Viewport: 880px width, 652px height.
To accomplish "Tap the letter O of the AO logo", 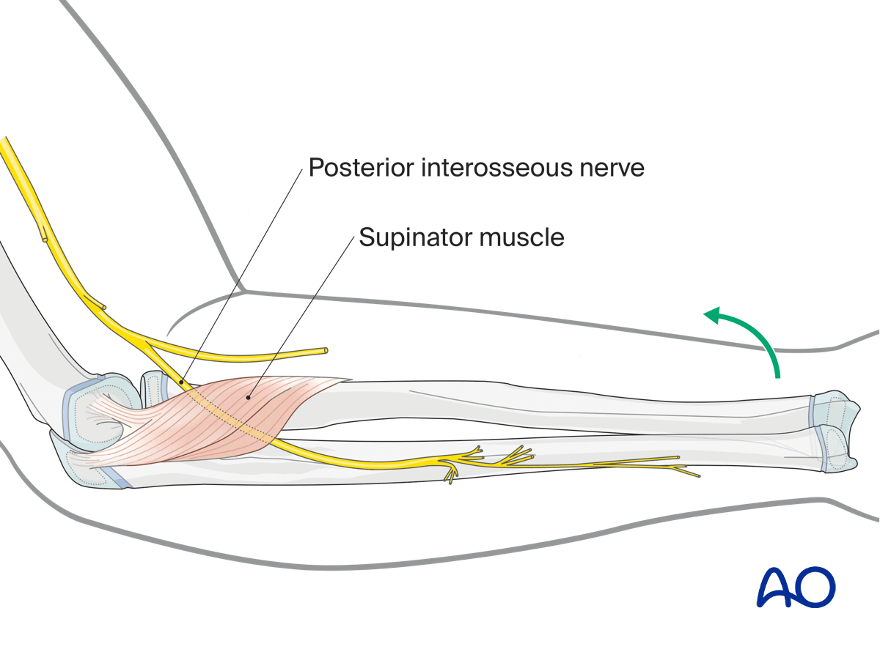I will point(815,585).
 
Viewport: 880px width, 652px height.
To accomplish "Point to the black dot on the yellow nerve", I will point(180,382).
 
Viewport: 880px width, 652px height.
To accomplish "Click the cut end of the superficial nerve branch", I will point(324,352).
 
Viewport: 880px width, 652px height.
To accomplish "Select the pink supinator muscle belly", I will point(220,418).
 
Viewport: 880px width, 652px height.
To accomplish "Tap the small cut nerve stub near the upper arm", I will point(45,237).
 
